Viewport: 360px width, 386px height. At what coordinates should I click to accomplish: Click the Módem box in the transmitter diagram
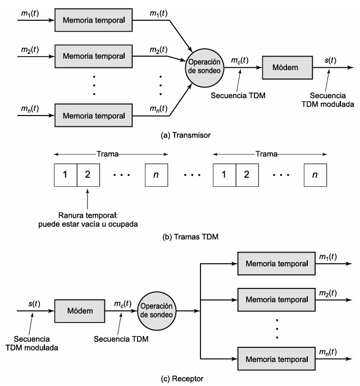pos(288,67)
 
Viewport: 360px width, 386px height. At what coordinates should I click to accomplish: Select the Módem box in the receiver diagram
pos(80,311)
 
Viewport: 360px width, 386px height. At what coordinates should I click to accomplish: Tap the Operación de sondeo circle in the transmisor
pos(204,68)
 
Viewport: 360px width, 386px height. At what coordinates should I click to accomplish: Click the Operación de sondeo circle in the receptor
pos(157,311)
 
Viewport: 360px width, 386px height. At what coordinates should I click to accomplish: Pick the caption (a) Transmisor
pos(185,135)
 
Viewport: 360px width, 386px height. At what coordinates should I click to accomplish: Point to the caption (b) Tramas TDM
pos(190,237)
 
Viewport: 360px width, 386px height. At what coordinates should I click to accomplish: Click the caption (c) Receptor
pos(182,378)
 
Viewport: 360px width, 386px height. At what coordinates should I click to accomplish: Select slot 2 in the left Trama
pos(88,175)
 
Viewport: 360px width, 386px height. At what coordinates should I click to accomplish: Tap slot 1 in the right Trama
pos(225,175)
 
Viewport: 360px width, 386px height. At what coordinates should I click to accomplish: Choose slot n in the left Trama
pos(157,175)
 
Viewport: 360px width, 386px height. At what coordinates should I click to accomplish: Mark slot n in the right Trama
pos(316,175)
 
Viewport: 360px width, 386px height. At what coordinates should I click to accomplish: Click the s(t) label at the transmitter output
pos(330,61)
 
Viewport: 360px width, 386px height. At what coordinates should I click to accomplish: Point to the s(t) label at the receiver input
pos(34,304)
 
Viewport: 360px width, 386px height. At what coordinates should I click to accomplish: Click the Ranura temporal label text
pos(88,215)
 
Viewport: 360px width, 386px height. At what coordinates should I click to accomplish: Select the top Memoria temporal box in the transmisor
pos(93,20)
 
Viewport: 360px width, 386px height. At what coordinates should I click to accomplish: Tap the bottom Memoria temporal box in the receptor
pos(276,359)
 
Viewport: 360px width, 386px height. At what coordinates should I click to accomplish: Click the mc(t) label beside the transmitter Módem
pos(239,61)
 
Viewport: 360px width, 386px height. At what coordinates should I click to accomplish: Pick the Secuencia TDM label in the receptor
pos(121,339)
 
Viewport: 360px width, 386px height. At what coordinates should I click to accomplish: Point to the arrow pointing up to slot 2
pos(88,199)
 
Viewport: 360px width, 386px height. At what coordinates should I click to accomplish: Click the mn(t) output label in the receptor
pos(328,352)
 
